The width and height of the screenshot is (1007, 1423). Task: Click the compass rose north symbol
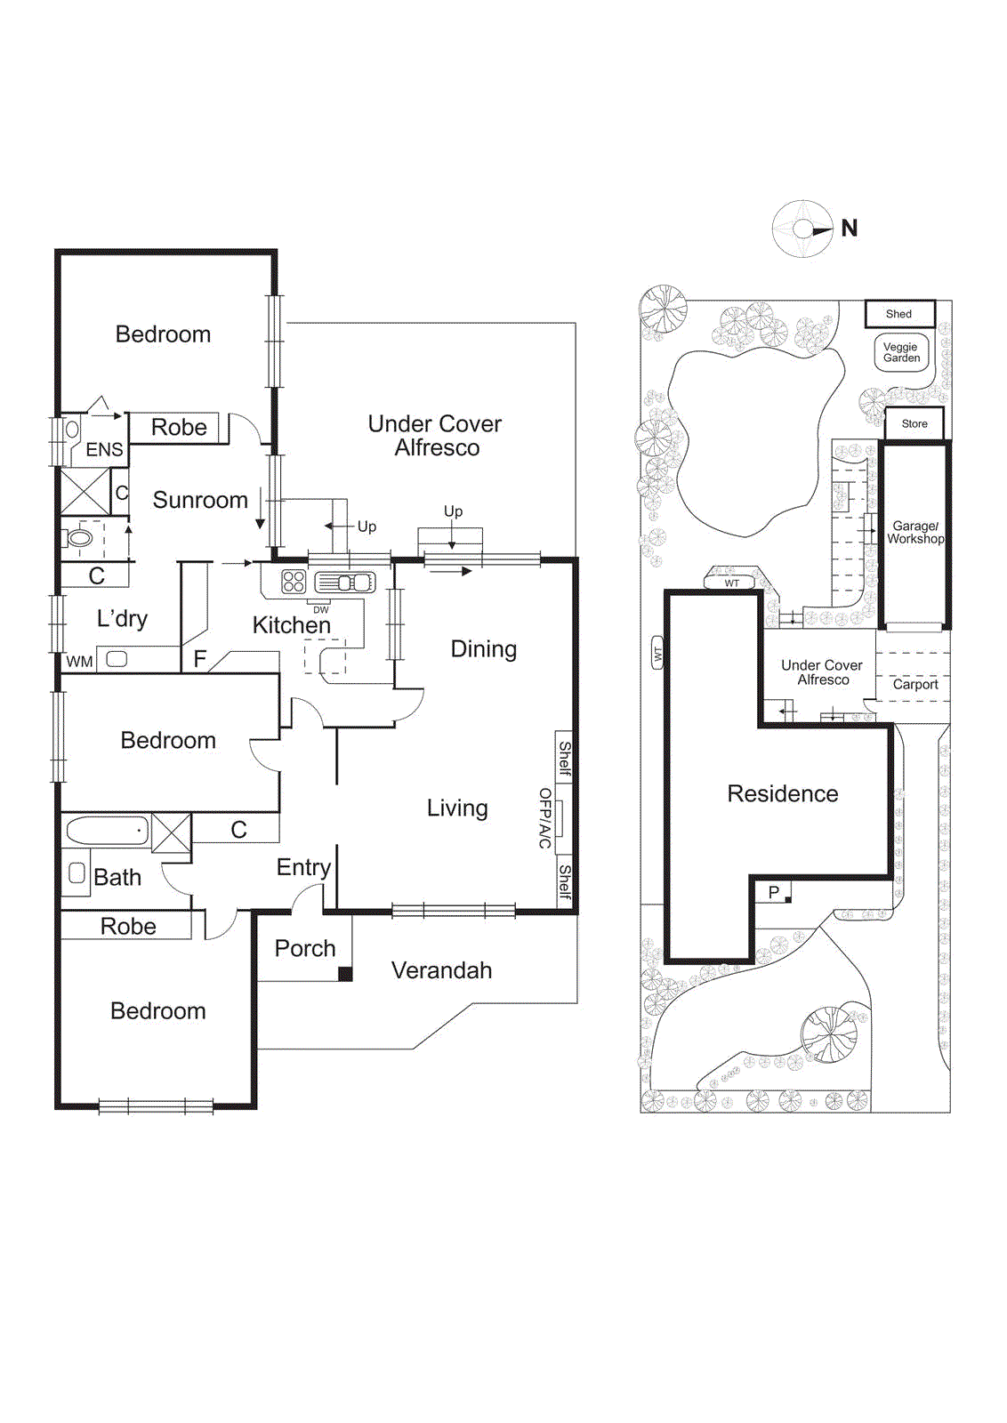(x=803, y=229)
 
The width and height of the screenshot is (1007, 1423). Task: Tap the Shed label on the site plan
(x=898, y=314)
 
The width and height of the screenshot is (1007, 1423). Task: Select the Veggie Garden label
(x=901, y=352)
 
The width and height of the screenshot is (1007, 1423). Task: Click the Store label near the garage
(x=914, y=424)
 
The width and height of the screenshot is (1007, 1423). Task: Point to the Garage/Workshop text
(x=915, y=533)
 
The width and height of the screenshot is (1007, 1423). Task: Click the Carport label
(x=914, y=685)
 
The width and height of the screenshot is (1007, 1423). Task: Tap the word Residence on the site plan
(x=782, y=793)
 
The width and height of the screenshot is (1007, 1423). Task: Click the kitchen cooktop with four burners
(x=294, y=582)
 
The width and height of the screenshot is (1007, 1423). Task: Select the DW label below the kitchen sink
(x=321, y=610)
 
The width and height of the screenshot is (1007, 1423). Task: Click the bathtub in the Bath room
(x=107, y=831)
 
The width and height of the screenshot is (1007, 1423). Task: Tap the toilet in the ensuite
(x=80, y=537)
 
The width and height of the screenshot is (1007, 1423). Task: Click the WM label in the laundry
(x=79, y=662)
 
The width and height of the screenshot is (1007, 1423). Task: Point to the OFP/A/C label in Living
(x=545, y=817)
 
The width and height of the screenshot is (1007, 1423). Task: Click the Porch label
(x=305, y=948)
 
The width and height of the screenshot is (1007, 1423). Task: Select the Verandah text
(x=441, y=970)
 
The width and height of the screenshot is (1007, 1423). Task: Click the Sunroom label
(x=200, y=500)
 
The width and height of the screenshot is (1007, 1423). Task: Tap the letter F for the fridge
(x=200, y=659)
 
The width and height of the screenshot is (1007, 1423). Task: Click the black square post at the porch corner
(x=345, y=974)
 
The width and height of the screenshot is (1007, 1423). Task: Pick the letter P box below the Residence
(x=773, y=892)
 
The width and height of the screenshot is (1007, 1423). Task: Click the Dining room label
(x=483, y=649)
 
